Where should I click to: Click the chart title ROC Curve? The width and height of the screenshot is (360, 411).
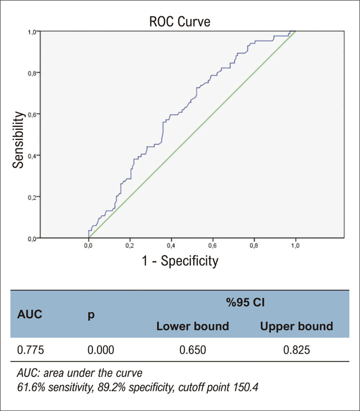(180, 22)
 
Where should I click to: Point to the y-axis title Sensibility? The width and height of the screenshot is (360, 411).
(18, 140)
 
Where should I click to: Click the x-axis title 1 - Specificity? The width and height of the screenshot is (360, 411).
(180, 261)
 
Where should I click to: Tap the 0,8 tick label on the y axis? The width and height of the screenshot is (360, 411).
(32, 73)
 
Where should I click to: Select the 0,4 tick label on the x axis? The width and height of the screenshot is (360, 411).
(171, 246)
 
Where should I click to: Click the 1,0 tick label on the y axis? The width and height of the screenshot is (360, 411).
(32, 32)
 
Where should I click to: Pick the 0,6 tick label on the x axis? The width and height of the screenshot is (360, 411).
(213, 246)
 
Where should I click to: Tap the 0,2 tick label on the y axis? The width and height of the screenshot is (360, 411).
(32, 197)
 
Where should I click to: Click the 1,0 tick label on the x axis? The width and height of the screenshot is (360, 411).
(295, 246)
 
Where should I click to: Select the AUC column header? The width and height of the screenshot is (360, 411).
(30, 314)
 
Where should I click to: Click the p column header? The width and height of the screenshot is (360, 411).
(91, 315)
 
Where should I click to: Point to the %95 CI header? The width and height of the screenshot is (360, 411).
(245, 303)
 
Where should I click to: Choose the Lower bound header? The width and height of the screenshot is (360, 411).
(192, 326)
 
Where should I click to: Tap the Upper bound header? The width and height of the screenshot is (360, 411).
(297, 326)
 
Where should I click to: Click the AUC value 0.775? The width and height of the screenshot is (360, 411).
(31, 350)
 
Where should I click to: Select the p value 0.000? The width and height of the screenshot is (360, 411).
(101, 350)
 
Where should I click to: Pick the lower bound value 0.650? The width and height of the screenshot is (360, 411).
(192, 350)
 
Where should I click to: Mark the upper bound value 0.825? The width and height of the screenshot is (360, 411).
(297, 350)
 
